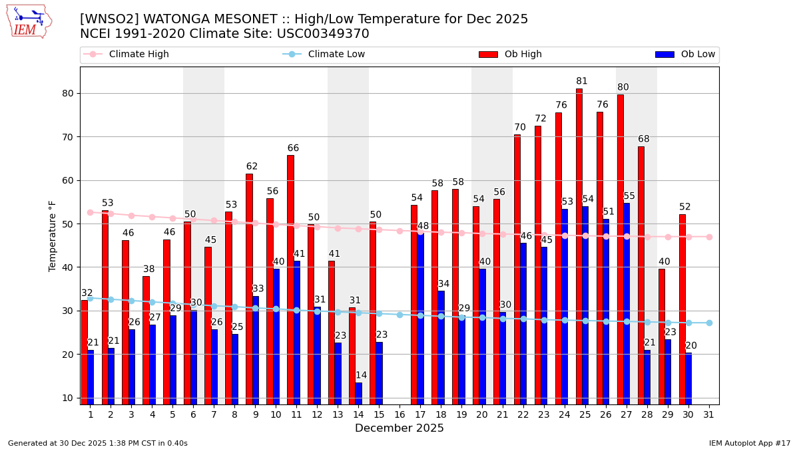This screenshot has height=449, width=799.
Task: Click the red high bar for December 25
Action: click(x=579, y=246)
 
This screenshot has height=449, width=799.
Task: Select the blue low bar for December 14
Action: click(x=359, y=393)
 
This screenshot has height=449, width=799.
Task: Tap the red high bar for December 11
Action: click(x=290, y=279)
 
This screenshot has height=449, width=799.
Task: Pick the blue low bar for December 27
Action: click(x=627, y=303)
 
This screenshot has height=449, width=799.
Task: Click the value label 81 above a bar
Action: click(x=582, y=81)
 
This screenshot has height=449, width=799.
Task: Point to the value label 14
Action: click(x=361, y=375)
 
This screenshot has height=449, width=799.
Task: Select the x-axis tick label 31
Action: click(x=709, y=414)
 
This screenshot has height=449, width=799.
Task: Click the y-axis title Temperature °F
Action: click(x=53, y=235)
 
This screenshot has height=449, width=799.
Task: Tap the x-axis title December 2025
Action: click(x=400, y=428)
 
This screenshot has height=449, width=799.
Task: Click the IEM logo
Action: click(x=29, y=21)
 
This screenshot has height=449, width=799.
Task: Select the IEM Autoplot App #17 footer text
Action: click(x=750, y=443)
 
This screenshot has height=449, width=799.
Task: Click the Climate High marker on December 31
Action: click(x=709, y=237)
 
